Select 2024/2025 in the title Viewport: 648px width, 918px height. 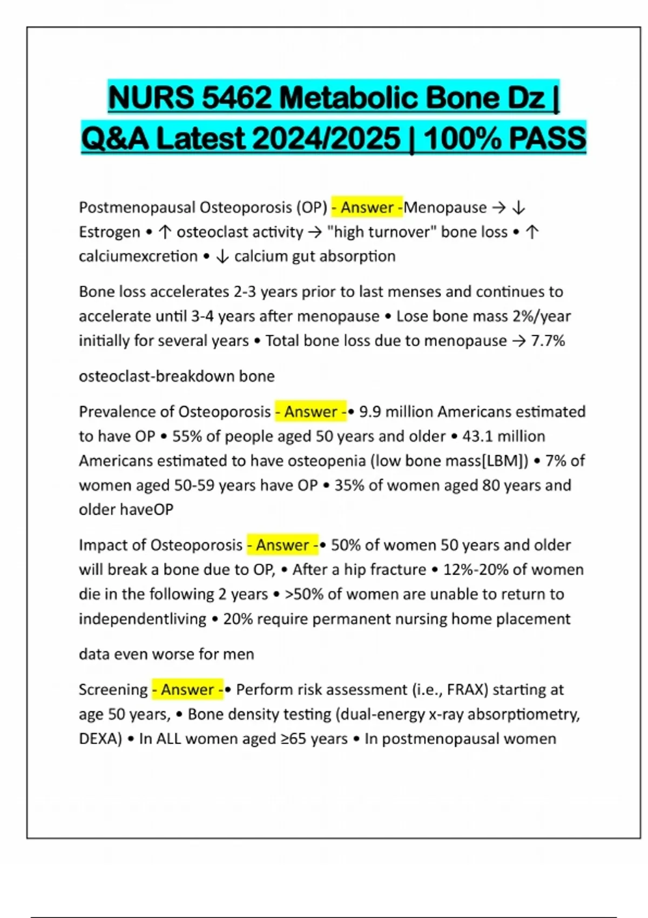(326, 138)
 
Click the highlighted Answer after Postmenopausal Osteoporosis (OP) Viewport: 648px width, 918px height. (367, 207)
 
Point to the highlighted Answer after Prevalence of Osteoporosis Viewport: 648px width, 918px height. (310, 411)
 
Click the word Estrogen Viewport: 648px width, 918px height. (109, 232)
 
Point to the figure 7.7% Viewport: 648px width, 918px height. (548, 341)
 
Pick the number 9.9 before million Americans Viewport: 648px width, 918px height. (370, 411)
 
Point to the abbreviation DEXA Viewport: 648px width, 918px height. (99, 739)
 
